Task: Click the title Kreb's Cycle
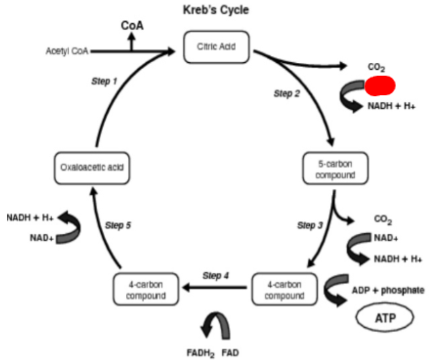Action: (x=216, y=9)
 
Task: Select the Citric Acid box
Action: (x=216, y=47)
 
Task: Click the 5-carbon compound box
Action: (x=335, y=169)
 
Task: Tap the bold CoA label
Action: (x=132, y=25)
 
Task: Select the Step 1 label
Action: (x=104, y=81)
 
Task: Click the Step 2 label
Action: (x=287, y=93)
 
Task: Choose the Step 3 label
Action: (x=310, y=225)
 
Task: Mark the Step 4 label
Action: (x=216, y=275)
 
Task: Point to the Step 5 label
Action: (x=118, y=225)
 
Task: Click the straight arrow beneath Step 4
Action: (x=215, y=287)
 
